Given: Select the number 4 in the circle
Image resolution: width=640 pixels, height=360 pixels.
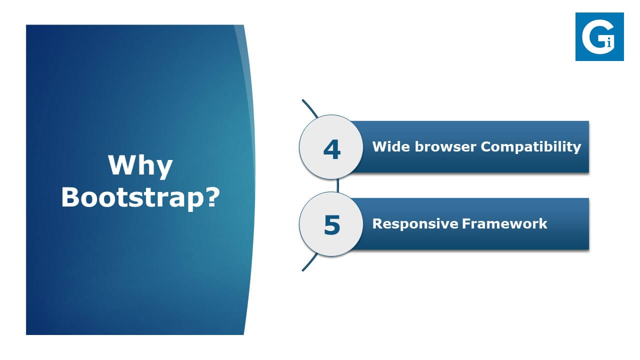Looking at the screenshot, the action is click(331, 149).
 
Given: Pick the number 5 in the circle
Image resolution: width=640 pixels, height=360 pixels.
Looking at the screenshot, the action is click(332, 225).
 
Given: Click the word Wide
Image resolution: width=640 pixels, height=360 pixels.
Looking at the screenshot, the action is click(391, 146).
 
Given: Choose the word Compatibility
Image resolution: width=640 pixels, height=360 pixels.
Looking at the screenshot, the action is click(531, 147).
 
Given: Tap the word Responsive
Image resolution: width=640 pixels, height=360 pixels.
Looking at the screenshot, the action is click(415, 224).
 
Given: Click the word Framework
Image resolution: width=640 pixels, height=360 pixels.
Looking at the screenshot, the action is click(504, 223).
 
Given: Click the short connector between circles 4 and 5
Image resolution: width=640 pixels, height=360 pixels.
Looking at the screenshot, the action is click(337, 185).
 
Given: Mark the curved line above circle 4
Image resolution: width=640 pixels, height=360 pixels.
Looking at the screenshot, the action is click(309, 108).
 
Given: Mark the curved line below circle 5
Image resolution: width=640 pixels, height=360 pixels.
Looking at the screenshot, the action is click(309, 262).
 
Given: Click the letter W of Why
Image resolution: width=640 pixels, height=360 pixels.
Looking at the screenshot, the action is click(122, 164).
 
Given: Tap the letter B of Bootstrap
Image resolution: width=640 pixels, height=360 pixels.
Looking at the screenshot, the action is click(70, 197).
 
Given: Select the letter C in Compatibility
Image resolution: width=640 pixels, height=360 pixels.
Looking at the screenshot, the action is click(487, 146).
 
